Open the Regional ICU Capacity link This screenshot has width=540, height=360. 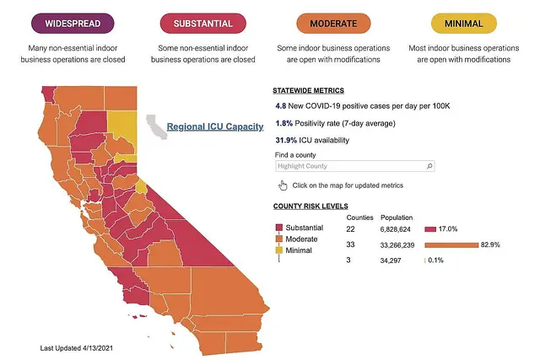pyautogui.click(x=215, y=127)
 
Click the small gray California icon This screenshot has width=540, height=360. pyautogui.click(x=156, y=127)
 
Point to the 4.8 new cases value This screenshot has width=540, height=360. pyautogui.click(x=282, y=106)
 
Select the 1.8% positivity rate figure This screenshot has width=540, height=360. pyautogui.click(x=283, y=123)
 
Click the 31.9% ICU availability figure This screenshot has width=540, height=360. pyautogui.click(x=287, y=140)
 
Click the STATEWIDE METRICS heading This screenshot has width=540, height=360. pyautogui.click(x=308, y=90)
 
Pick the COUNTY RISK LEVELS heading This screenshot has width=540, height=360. pyautogui.click(x=311, y=207)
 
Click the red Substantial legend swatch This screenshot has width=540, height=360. pyautogui.click(x=278, y=228)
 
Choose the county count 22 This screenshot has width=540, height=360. pyautogui.click(x=352, y=228)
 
